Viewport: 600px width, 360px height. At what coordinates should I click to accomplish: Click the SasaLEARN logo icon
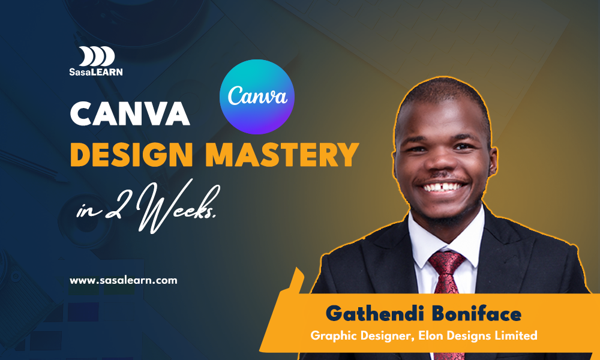(x=97, y=56)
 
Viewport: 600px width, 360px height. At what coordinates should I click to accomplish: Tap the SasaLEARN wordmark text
(x=96, y=71)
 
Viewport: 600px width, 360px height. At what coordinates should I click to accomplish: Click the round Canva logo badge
(x=257, y=97)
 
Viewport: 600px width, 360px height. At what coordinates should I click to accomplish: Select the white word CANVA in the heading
(x=130, y=113)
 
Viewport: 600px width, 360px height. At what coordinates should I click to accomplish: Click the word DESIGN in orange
(x=131, y=154)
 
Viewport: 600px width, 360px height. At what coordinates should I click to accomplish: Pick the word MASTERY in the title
(x=283, y=154)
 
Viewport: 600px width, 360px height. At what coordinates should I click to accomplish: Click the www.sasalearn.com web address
(x=123, y=280)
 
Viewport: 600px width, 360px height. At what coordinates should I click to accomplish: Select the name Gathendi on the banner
(x=375, y=314)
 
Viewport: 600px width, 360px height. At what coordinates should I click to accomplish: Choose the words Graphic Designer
(x=363, y=336)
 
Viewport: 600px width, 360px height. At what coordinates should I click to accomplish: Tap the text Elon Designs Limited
(x=478, y=335)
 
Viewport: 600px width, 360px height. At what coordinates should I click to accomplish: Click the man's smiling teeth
(x=444, y=187)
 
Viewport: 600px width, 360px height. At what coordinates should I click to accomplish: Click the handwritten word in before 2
(x=88, y=211)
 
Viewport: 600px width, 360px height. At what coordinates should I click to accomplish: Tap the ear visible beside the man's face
(x=492, y=160)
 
